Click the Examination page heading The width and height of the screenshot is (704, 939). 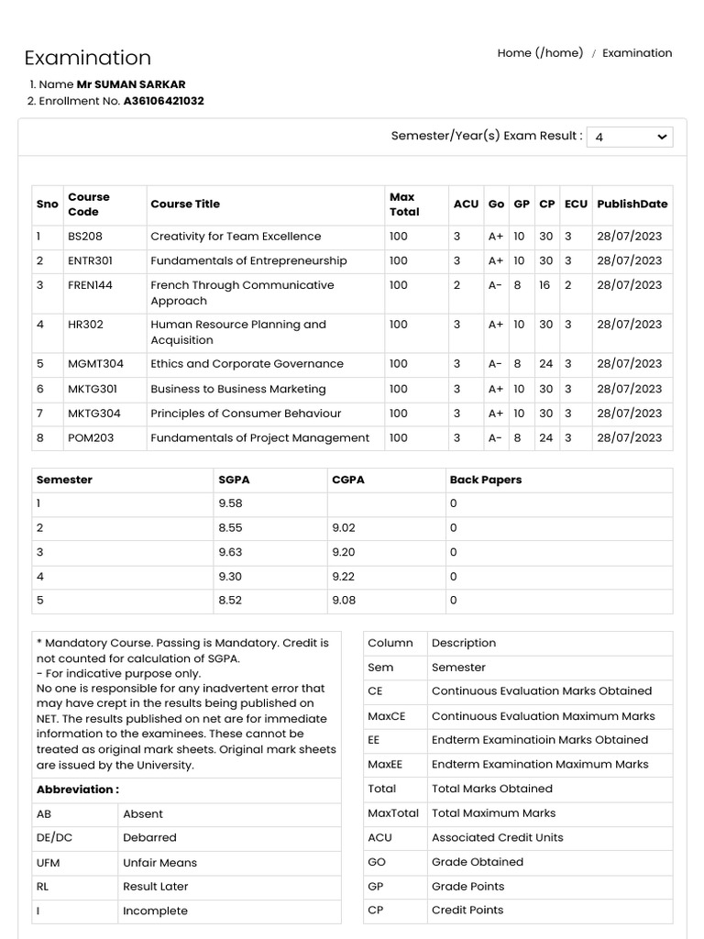pos(87,58)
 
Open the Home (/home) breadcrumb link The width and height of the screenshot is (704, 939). pos(540,53)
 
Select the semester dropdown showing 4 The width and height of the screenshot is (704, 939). pos(629,137)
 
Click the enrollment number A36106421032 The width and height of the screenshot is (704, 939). pos(163,101)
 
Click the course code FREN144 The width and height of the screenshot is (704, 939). pos(90,285)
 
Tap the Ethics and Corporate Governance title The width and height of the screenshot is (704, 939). pos(247,364)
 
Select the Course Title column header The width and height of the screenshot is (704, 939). pos(185,204)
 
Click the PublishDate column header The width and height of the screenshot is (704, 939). pos(632,204)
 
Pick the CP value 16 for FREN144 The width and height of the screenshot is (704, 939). pos(544,285)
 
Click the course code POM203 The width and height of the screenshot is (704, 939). pos(91,438)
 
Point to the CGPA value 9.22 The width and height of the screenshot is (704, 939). pos(344,577)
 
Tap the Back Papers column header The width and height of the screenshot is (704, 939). pos(485,480)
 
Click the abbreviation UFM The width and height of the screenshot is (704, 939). pos(49,863)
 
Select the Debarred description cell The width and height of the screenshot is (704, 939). pos(149,838)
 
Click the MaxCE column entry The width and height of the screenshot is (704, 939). pos(386,716)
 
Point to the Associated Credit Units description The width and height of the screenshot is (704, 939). pos(497,838)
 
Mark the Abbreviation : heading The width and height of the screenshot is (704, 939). pos(78,790)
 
